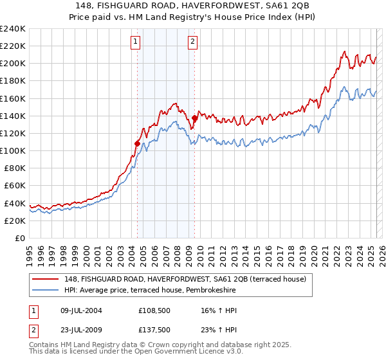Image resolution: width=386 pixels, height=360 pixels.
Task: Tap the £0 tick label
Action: click(x=19, y=238)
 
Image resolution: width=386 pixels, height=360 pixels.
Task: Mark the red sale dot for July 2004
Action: click(x=137, y=143)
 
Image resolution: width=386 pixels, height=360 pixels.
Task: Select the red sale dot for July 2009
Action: click(x=194, y=118)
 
